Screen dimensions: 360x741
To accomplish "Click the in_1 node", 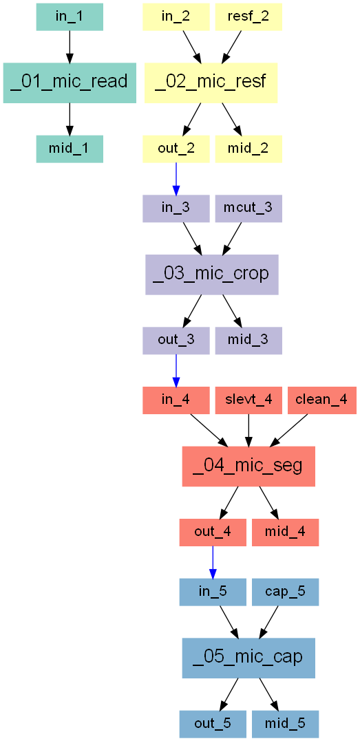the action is pyautogui.click(x=70, y=17).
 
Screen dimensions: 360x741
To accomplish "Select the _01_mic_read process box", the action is pyautogui.click(x=70, y=83).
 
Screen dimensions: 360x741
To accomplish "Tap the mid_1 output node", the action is pyautogui.click(x=70, y=149).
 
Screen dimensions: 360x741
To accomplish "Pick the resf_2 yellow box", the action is pyautogui.click(x=248, y=17).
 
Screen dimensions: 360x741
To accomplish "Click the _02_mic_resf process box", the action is pyautogui.click(x=211, y=83).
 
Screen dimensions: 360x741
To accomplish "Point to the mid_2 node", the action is pyautogui.click(x=248, y=149).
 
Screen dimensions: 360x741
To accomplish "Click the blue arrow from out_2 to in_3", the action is pyautogui.click(x=176, y=179).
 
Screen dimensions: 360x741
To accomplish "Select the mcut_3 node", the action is pyautogui.click(x=248, y=209).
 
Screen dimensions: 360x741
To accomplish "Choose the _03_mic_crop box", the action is pyautogui.click(x=211, y=275).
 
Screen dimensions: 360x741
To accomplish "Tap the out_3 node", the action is pyautogui.click(x=176, y=341).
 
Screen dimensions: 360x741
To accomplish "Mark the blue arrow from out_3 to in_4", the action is pyautogui.click(x=176, y=370).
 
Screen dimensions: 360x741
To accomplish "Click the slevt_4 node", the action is pyautogui.click(x=248, y=400).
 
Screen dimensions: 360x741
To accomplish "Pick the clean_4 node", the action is pyautogui.click(x=321, y=400).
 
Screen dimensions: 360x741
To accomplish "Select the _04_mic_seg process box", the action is pyautogui.click(x=248, y=466).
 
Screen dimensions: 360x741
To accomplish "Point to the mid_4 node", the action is pyautogui.click(x=285, y=532).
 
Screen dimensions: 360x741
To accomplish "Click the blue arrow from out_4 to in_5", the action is pyautogui.click(x=213, y=562).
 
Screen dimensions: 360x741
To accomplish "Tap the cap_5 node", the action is pyautogui.click(x=285, y=592).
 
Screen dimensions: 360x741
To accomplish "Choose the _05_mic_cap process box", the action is pyautogui.click(x=248, y=658).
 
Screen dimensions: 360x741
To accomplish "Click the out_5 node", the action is pyautogui.click(x=213, y=724).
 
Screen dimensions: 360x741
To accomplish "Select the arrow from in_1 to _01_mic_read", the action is pyautogui.click(x=70, y=46).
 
